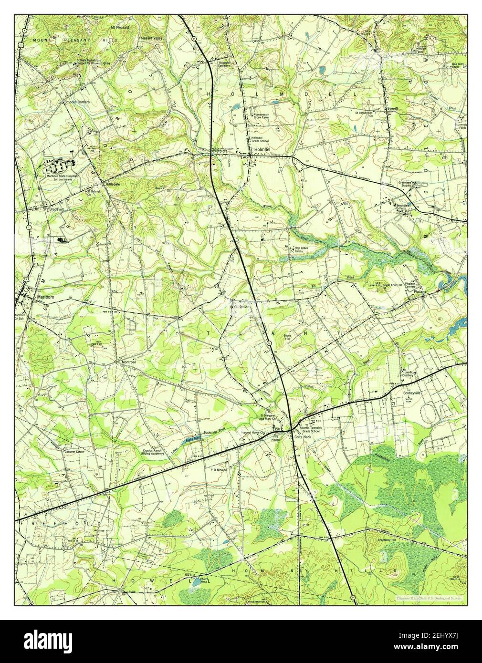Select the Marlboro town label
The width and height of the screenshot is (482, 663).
point(46,296)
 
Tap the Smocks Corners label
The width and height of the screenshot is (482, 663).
point(77,102)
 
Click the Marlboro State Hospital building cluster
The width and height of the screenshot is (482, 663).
point(60,166)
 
